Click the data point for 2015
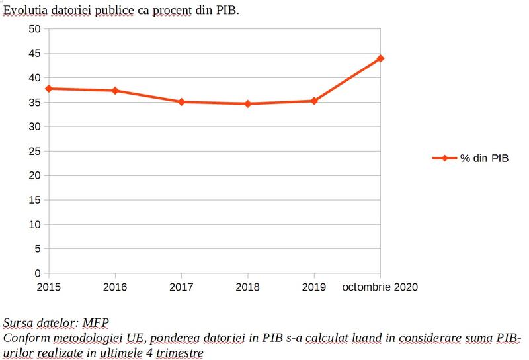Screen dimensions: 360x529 [x=49, y=88]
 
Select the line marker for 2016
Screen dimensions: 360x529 [x=115, y=91]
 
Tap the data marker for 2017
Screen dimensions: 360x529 [x=181, y=102]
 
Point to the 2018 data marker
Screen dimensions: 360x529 [x=248, y=104]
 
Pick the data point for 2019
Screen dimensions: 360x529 [x=314, y=101]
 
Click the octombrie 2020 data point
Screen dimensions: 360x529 [x=380, y=58]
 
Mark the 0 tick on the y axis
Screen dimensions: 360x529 [x=38, y=273]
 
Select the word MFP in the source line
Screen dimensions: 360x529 [x=95, y=323]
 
